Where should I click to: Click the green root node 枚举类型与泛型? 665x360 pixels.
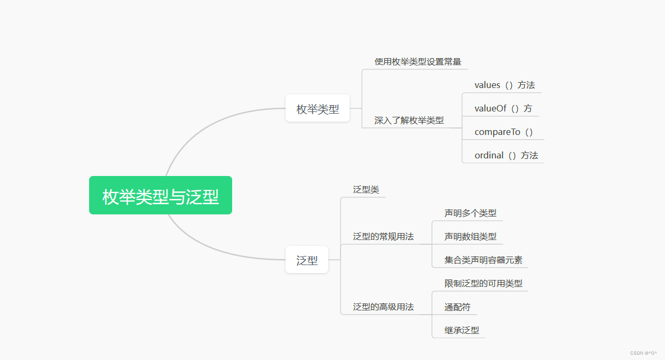[x=161, y=195]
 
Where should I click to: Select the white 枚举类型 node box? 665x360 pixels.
[x=318, y=108]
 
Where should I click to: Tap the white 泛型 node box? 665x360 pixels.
[x=307, y=260]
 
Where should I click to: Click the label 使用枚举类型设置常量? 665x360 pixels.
[x=417, y=62]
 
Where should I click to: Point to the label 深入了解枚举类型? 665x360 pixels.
[x=409, y=121]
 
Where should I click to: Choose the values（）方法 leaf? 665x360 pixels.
[x=504, y=85]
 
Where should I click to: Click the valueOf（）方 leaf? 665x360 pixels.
[x=503, y=109]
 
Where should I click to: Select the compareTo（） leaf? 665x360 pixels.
[x=503, y=132]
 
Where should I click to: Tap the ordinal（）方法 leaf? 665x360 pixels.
[x=506, y=156]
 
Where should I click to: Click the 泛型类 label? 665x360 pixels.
[x=366, y=190]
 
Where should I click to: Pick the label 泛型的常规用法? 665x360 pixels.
[x=383, y=237]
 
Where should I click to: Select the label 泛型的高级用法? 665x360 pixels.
[x=383, y=307]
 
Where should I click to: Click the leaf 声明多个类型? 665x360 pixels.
[x=470, y=213]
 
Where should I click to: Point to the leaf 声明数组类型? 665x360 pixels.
[x=470, y=237]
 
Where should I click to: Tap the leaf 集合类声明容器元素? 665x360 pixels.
[x=483, y=260]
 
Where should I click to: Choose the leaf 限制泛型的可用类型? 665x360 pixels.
[x=483, y=284]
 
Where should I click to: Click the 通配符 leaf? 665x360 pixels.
[x=457, y=307]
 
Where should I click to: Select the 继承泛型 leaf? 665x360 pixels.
[x=462, y=331]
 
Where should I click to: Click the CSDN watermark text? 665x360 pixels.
[x=643, y=353]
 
